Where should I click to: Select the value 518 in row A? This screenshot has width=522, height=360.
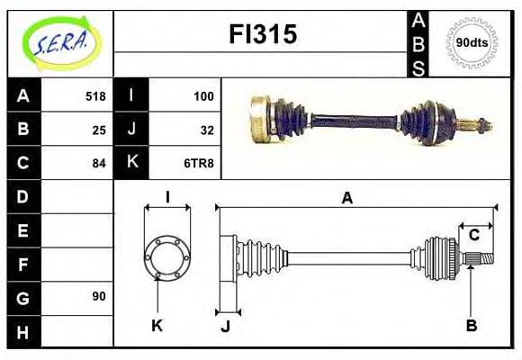tap(95, 96)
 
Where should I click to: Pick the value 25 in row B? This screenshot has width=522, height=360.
tap(99, 130)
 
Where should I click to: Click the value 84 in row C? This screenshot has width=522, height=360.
tap(99, 163)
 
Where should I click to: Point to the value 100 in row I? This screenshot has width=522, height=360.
tap(203, 96)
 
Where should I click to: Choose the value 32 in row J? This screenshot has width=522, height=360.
tap(207, 130)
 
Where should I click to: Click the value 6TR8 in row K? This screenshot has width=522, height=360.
tap(200, 163)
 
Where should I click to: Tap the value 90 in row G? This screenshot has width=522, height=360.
tap(99, 296)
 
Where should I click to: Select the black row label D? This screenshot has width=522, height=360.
tap(22, 196)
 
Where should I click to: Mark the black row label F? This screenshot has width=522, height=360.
tap(22, 264)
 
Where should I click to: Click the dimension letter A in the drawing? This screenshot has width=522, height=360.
tap(346, 199)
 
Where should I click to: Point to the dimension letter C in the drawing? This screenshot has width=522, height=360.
tap(473, 236)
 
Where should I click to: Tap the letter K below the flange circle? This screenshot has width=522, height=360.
tap(157, 326)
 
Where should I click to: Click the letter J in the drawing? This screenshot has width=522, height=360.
tap(226, 326)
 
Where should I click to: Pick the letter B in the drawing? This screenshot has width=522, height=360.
tap(471, 326)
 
